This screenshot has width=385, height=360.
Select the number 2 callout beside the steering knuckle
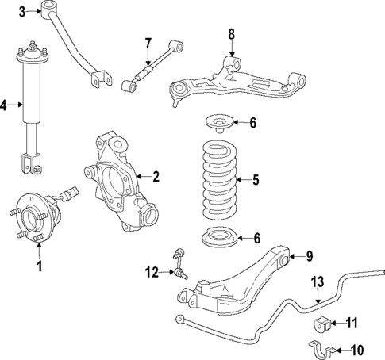(156, 176)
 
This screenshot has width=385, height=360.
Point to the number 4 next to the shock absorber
(4, 104)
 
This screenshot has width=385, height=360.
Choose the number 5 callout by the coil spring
(256, 180)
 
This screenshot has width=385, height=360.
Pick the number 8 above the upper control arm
(232, 34)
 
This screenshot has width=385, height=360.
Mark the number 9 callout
(310, 255)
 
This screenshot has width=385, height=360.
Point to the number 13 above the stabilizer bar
(318, 281)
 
